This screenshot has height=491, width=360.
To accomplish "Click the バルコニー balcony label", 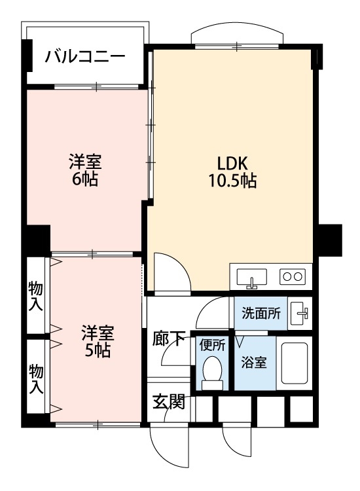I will click(85, 56).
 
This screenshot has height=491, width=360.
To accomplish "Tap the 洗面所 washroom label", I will click(261, 313).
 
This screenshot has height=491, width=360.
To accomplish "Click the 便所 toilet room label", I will click(213, 344).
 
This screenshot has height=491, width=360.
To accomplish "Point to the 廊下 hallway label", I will click(169, 339).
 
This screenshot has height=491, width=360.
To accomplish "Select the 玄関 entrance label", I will click(168, 401).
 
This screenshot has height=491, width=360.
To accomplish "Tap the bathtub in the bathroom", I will click(294, 364).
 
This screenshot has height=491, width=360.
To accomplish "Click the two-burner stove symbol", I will click(292, 276).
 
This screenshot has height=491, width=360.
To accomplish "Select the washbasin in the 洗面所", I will click(300, 312).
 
